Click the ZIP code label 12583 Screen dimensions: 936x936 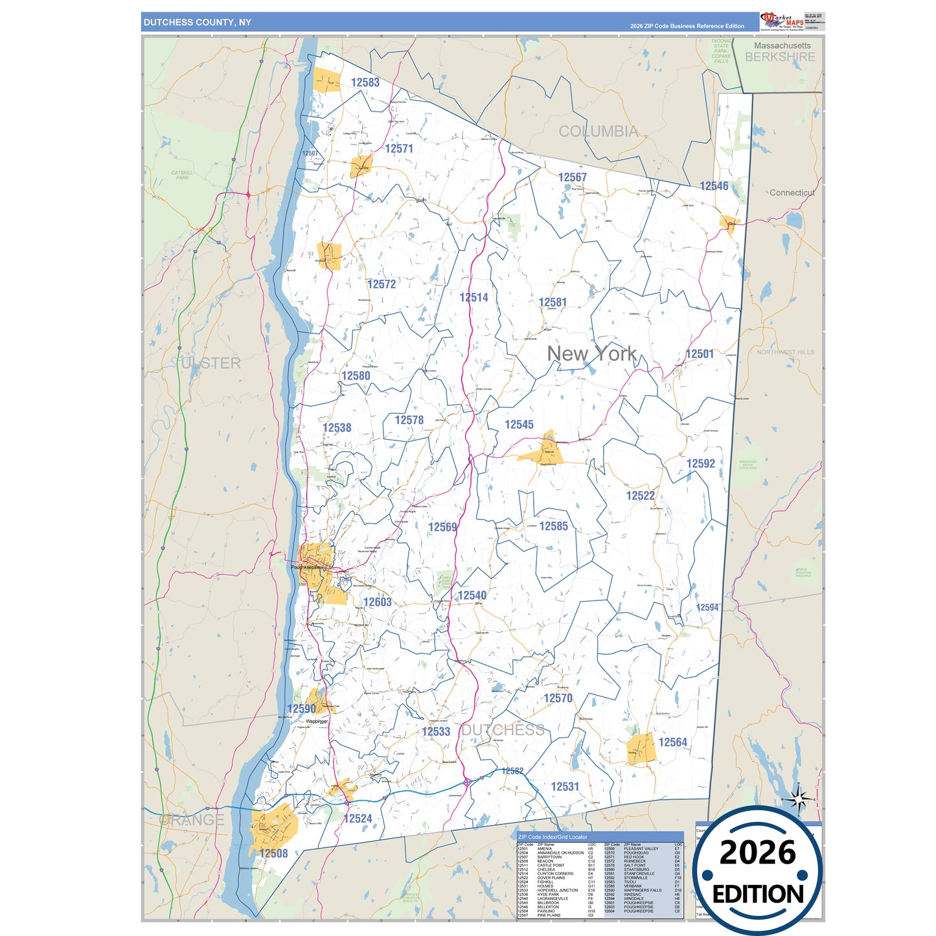pyautogui.click(x=365, y=82)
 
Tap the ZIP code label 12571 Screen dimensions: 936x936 pyautogui.click(x=399, y=148)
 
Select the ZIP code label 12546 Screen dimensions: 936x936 pyautogui.click(x=714, y=186)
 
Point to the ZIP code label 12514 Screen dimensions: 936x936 pyautogui.click(x=474, y=297)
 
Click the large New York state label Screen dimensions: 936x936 pyautogui.click(x=591, y=354)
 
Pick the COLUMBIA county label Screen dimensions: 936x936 pyautogui.click(x=598, y=131)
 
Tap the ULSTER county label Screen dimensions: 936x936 pyautogui.click(x=211, y=363)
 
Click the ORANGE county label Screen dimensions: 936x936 pyautogui.click(x=192, y=820)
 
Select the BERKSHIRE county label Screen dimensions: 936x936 pyautogui.click(x=780, y=57)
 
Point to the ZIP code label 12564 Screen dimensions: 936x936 pyautogui.click(x=672, y=742)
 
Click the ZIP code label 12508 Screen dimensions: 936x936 pyautogui.click(x=273, y=853)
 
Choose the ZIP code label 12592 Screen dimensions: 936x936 pyautogui.click(x=701, y=464)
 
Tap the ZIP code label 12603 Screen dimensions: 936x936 pyautogui.click(x=377, y=602)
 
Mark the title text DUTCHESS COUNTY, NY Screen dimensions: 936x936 pyautogui.click(x=197, y=23)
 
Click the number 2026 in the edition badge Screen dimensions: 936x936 pyautogui.click(x=757, y=852)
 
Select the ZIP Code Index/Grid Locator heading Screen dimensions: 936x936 pyautogui.click(x=553, y=837)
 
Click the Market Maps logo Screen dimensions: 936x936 pyautogui.click(x=782, y=21)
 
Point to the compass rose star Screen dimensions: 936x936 pyautogui.click(x=798, y=799)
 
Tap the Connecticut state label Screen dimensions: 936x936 pyautogui.click(x=792, y=192)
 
